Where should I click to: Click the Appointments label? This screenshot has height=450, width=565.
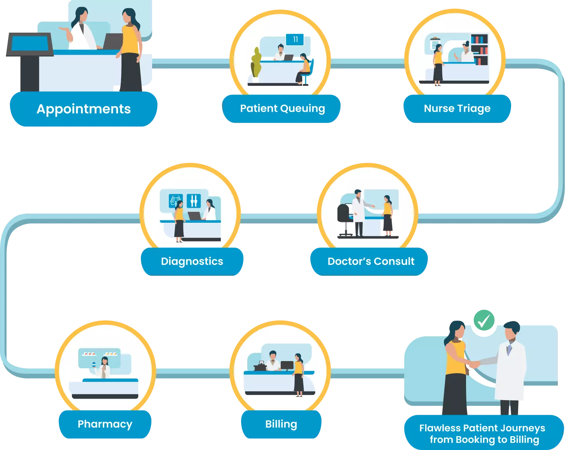pyautogui.click(x=83, y=109)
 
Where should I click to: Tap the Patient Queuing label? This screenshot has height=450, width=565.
pyautogui.click(x=282, y=108)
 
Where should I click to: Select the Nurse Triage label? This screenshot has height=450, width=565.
pyautogui.click(x=457, y=108)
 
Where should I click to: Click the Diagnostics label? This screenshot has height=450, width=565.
pyautogui.click(x=192, y=261)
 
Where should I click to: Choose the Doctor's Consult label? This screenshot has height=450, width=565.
pyautogui.click(x=370, y=261)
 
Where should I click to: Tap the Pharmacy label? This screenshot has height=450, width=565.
pyautogui.click(x=105, y=424)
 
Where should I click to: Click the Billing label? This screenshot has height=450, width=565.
pyautogui.click(x=281, y=424)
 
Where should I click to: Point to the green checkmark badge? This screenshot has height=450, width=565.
pyautogui.click(x=484, y=321)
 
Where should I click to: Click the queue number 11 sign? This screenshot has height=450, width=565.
pyautogui.click(x=295, y=39)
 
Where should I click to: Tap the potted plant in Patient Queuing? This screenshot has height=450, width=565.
pyautogui.click(x=256, y=64)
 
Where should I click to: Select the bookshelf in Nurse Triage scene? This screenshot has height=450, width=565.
pyautogui.click(x=479, y=49)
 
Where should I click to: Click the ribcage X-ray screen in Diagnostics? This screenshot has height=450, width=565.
pyautogui.click(x=175, y=201)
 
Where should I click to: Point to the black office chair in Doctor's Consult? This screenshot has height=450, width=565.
pyautogui.click(x=344, y=217)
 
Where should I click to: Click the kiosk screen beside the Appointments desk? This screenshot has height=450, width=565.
pyautogui.click(x=30, y=44)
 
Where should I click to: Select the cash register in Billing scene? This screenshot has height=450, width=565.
pyautogui.click(x=260, y=366)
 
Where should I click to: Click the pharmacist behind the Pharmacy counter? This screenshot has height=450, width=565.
pyautogui.click(x=104, y=367)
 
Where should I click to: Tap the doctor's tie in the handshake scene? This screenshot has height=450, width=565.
pyautogui.click(x=509, y=350)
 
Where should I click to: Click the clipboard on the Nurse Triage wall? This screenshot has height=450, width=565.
pyautogui.click(x=435, y=43)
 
